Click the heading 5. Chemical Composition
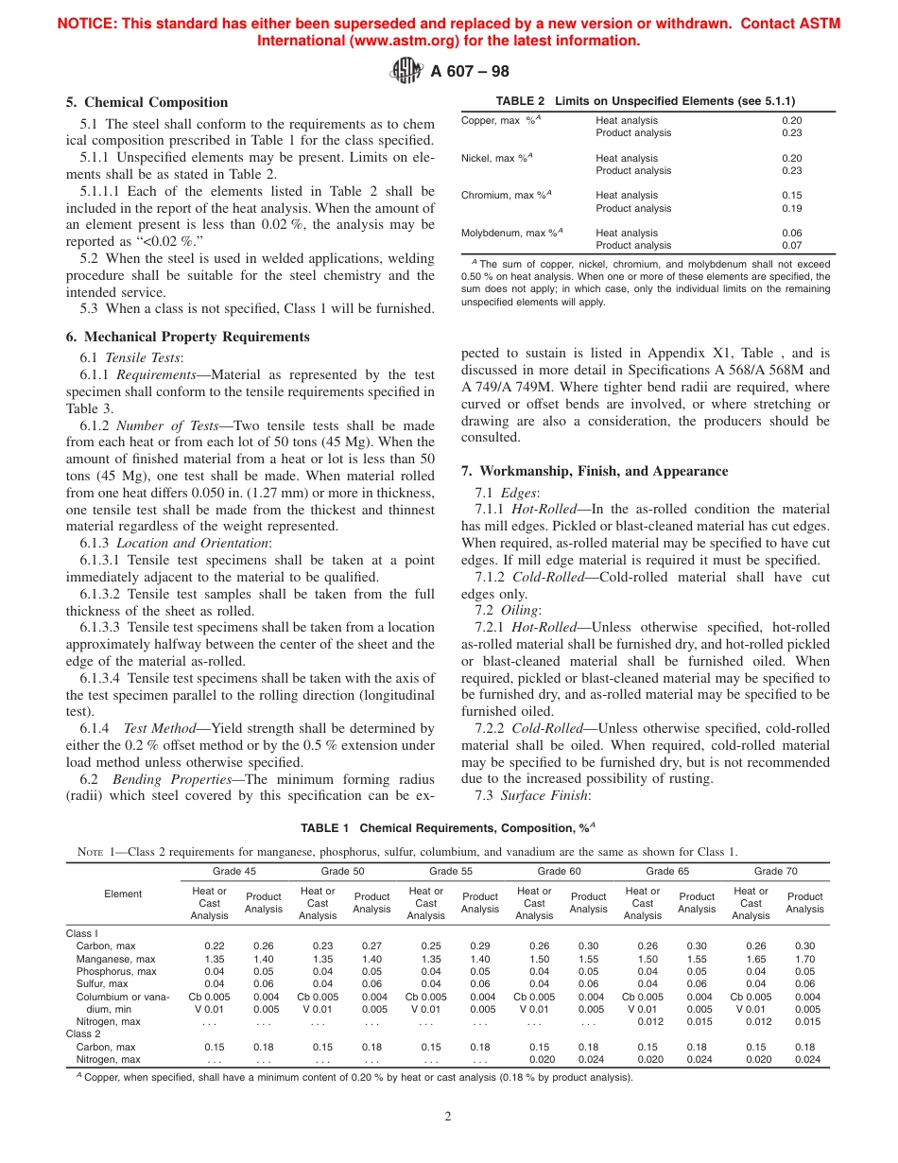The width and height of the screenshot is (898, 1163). pyautogui.click(x=147, y=102)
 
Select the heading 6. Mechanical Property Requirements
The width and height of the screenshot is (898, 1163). pyautogui.click(x=187, y=337)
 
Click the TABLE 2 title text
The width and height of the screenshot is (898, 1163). pyautogui.click(x=646, y=101)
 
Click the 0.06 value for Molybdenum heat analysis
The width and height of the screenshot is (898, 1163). pyautogui.click(x=791, y=233)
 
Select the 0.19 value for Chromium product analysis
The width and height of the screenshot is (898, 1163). pyautogui.click(x=791, y=208)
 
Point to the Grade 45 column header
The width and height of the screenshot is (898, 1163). pyautogui.click(x=234, y=872)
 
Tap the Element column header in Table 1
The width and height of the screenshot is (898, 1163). pyautogui.click(x=123, y=894)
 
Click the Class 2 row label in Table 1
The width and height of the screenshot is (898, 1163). pyautogui.click(x=82, y=1034)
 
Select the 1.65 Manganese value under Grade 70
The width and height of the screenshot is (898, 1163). pyautogui.click(x=750, y=959)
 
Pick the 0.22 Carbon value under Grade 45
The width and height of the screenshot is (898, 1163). pyautogui.click(x=215, y=946)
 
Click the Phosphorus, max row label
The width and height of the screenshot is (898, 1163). pyautogui.click(x=116, y=971)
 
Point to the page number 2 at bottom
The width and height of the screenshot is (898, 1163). pyautogui.click(x=448, y=1116)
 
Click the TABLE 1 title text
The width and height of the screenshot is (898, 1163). pyautogui.click(x=447, y=828)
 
